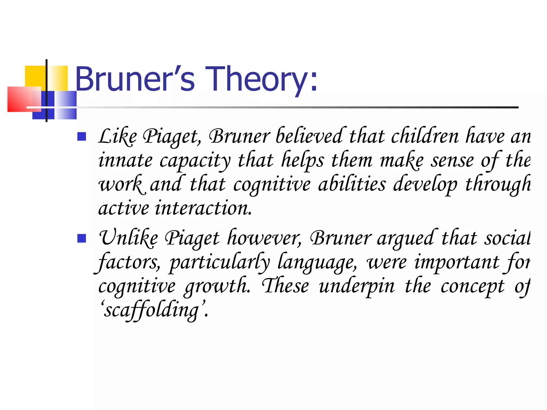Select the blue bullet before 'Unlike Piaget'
coord(81,238)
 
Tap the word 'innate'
coord(126,161)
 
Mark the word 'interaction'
coord(203,208)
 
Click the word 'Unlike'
coord(128,238)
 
